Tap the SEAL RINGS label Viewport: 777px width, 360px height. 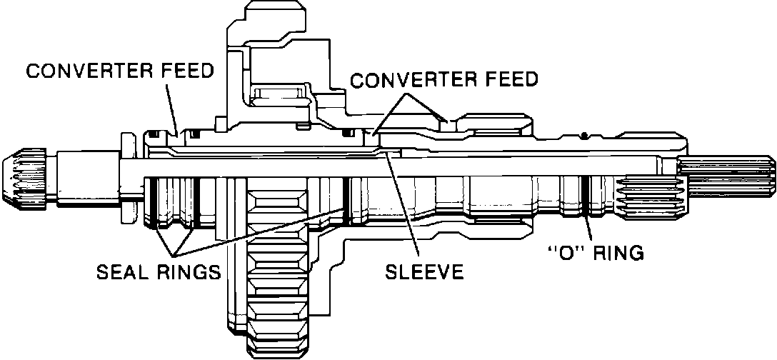point(157,272)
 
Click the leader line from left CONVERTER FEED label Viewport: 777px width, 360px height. point(171,107)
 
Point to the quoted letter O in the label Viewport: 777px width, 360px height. point(560,253)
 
